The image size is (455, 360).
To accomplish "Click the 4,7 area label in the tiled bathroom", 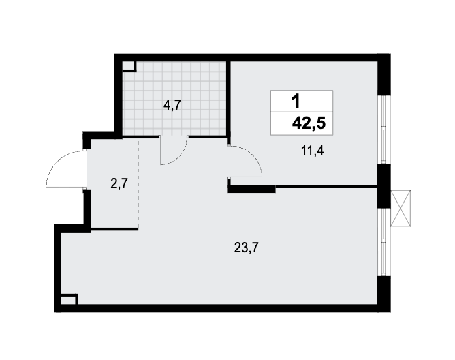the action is [x=172, y=105].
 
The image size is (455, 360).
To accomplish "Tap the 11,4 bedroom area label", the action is [x=312, y=151].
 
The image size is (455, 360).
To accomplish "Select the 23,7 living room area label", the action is [x=246, y=248].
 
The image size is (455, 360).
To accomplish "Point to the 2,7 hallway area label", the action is [x=119, y=183].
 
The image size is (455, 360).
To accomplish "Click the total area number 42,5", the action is [x=309, y=123].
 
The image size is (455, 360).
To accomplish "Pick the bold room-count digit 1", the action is [x=296, y=102].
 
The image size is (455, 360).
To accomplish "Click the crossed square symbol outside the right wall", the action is [x=401, y=208].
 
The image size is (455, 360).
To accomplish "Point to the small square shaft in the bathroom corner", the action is [x=129, y=66].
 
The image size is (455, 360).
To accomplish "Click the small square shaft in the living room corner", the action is [x=69, y=299].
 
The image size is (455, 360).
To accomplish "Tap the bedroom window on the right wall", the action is [x=384, y=130].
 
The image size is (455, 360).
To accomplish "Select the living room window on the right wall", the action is [x=384, y=242].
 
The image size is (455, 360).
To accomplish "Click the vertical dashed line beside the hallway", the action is [x=138, y=183].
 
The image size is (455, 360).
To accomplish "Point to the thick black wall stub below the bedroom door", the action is [x=251, y=189].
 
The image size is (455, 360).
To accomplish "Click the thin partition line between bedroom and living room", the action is [x=326, y=186].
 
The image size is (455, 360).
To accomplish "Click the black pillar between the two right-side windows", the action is [x=383, y=186].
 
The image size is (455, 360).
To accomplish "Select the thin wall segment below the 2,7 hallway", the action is [x=114, y=229].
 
